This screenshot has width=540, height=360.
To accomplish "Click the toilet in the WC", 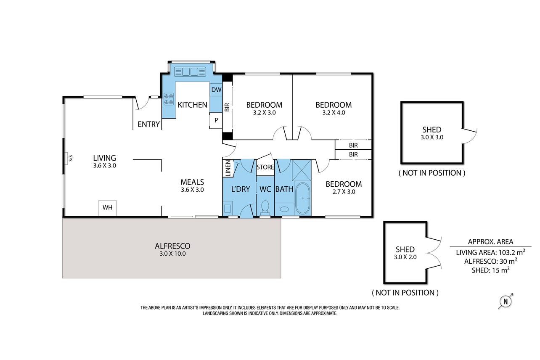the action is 265,208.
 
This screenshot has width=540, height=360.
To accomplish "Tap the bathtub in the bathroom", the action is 302,199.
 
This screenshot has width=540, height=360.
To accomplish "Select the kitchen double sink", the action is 190,71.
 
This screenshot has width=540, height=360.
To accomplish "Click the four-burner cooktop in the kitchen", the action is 169,99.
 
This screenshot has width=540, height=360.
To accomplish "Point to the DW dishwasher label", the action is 216,90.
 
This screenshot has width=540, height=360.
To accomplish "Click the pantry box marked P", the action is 216,120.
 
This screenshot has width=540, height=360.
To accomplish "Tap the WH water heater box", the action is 108,208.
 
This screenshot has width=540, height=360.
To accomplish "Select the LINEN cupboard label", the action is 228,168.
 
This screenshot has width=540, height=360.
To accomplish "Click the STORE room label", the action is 265,167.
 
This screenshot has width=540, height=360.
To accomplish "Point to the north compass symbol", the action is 506,302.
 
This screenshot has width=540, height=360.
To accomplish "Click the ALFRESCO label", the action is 172,246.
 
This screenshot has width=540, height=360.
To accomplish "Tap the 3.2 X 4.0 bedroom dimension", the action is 334,113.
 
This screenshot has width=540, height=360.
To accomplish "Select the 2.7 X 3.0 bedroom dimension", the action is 344,192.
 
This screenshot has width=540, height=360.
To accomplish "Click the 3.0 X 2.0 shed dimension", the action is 405,257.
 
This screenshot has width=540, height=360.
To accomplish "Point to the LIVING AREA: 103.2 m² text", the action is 490,252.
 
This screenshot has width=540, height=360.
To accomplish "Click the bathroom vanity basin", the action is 284,209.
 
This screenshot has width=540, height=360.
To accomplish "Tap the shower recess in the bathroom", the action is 302,170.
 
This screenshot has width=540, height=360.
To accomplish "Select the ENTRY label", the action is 149,124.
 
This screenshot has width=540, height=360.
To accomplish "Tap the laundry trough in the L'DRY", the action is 228,208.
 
